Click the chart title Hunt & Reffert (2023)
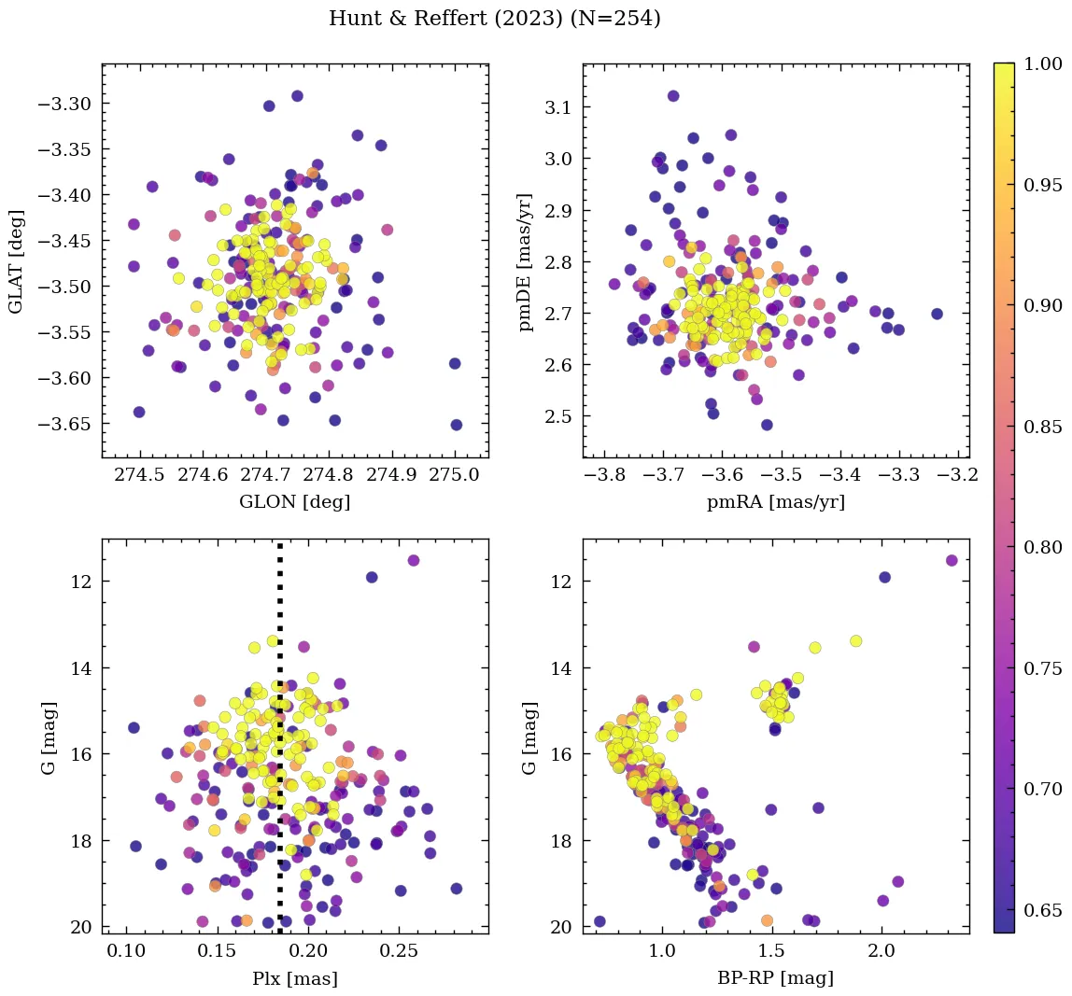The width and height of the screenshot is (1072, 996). pos(495,19)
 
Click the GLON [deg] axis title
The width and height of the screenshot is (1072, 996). pos(295,501)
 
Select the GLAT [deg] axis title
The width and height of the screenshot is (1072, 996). pos(16,260)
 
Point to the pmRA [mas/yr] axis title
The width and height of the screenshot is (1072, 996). pos(776,501)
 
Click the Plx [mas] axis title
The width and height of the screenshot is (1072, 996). pos(295,978)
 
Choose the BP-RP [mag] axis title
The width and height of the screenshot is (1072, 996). pos(776,978)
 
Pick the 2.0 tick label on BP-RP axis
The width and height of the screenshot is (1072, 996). pos(882,951)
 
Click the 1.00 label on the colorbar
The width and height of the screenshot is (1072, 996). pos(1044,63)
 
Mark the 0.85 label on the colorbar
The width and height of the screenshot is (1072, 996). pos(1044,426)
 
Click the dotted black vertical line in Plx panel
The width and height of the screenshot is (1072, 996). pos(280,747)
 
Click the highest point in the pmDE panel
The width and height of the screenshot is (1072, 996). pos(673,95)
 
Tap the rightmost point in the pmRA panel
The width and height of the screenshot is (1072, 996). pos(937,314)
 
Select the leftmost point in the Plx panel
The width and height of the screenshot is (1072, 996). pos(134,727)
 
